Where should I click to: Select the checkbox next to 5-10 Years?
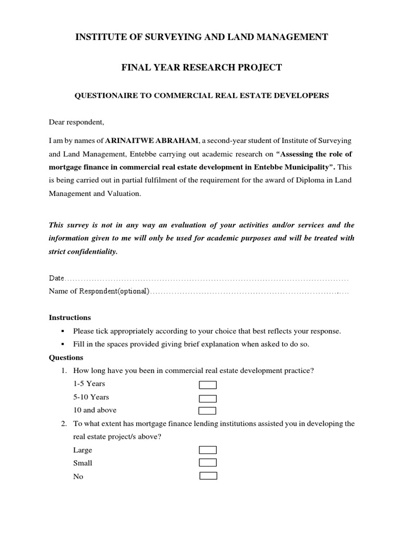pos(207,398)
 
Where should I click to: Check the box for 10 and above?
pos(207,411)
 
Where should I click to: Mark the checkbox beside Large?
pos(208,450)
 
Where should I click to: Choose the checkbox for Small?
pos(208,463)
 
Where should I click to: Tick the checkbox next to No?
pos(208,476)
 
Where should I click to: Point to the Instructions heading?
pos(70,318)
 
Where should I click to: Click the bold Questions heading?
pos(66,357)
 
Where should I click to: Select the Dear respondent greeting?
pos(77,122)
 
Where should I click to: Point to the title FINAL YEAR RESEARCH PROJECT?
pos(202,67)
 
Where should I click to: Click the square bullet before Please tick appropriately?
pos(63,332)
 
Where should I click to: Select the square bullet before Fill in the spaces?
pos(63,345)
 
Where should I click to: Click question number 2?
pos(63,424)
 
